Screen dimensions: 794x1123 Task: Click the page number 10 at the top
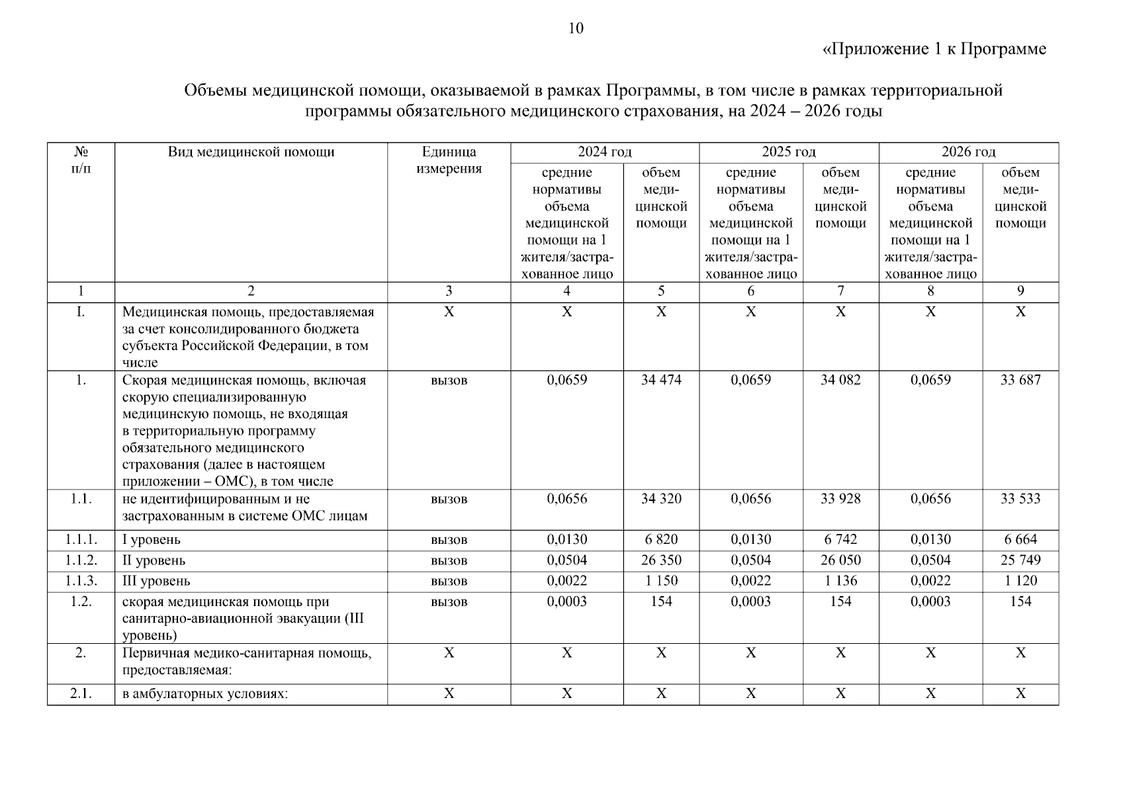[576, 28]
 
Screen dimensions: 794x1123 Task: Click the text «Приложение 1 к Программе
[934, 49]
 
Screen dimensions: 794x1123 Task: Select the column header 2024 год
[604, 152]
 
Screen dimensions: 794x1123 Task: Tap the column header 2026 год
[968, 152]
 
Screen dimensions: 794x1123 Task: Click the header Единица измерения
[449, 160]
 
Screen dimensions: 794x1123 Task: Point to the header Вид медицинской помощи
[251, 152]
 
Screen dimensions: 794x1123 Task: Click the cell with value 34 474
[660, 380]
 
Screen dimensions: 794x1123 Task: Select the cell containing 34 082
[840, 380]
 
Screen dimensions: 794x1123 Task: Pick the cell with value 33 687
[1020, 380]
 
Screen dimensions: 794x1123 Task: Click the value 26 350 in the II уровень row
[660, 560]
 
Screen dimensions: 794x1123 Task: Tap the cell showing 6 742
[840, 539]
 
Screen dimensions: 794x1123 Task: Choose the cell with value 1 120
[1020, 581]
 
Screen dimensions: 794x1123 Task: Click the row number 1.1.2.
[81, 560]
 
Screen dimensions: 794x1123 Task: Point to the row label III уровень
[156, 581]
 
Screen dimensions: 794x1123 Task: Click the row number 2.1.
[81, 693]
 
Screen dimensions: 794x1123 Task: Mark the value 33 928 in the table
[840, 499]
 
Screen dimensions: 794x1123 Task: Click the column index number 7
[840, 291]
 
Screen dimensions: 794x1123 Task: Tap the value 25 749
[1020, 560]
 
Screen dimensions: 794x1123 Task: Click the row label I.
[81, 312]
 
